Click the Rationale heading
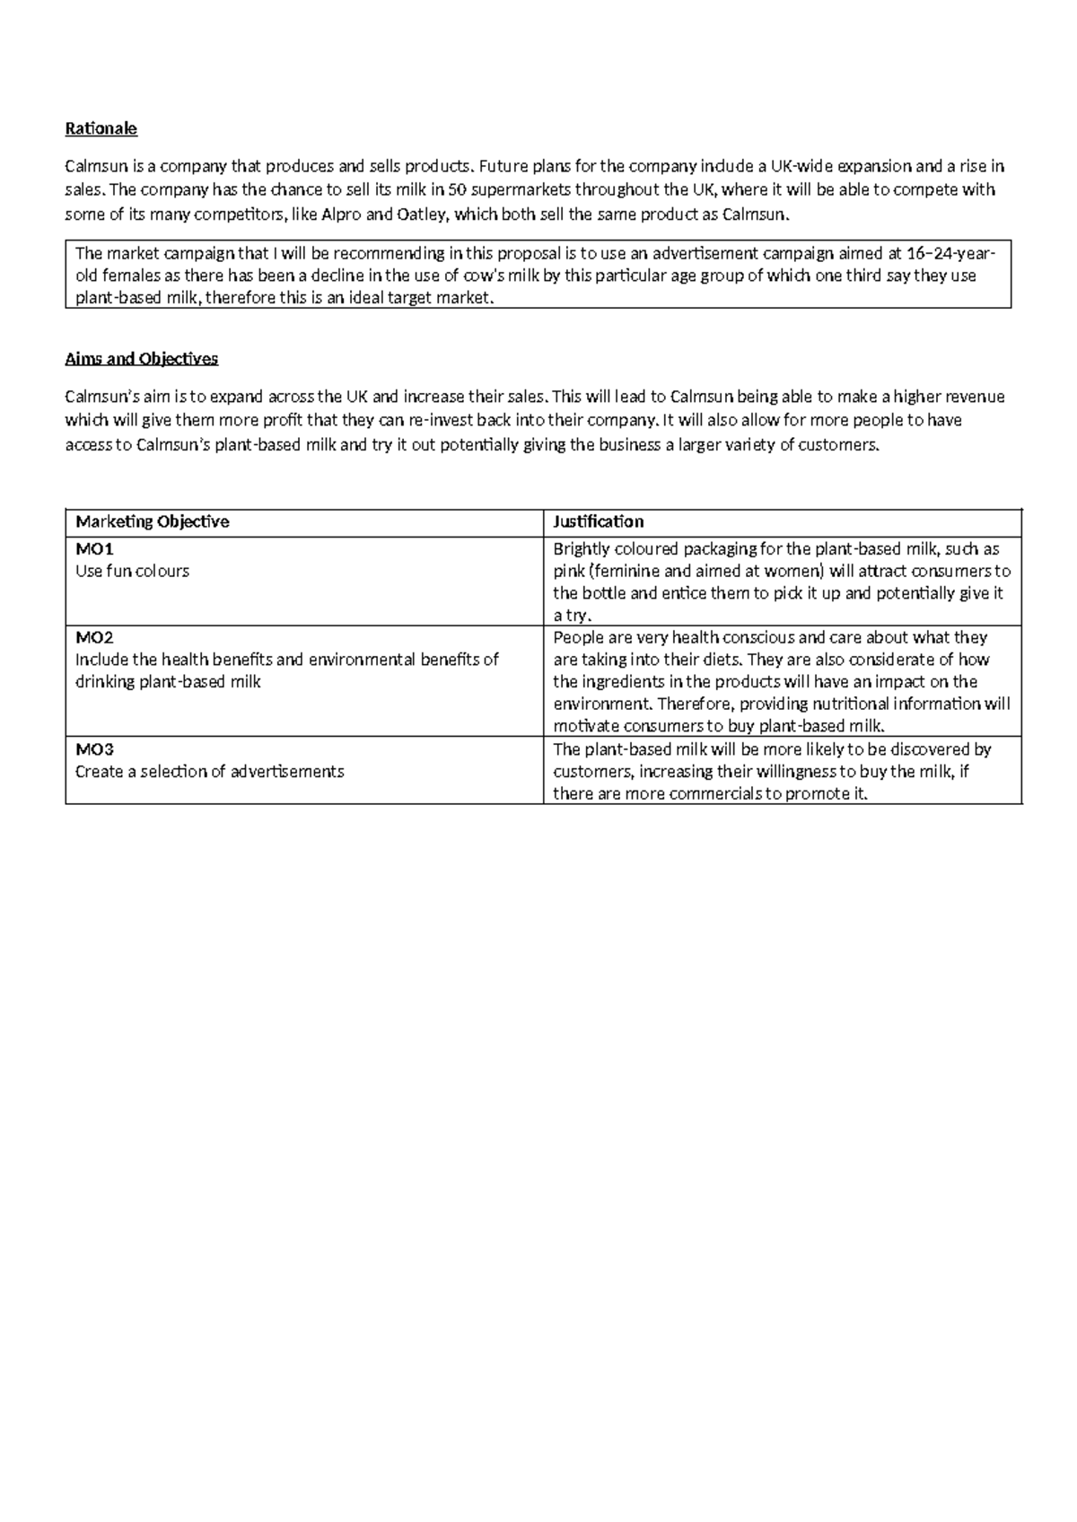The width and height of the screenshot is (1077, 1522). (101, 128)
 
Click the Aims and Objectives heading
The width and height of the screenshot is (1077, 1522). (141, 359)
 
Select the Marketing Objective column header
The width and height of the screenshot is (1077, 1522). (152, 521)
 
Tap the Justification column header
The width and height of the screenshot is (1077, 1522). (598, 521)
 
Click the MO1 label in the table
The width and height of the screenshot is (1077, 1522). (94, 549)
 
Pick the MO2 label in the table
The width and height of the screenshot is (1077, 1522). (94, 637)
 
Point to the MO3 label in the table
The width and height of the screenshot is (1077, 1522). (94, 749)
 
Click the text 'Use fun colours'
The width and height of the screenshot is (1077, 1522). (132, 572)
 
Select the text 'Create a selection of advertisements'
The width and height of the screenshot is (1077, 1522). (209, 772)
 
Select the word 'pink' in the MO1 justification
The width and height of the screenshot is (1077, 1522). (568, 572)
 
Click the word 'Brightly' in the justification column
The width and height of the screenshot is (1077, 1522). (582, 549)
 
